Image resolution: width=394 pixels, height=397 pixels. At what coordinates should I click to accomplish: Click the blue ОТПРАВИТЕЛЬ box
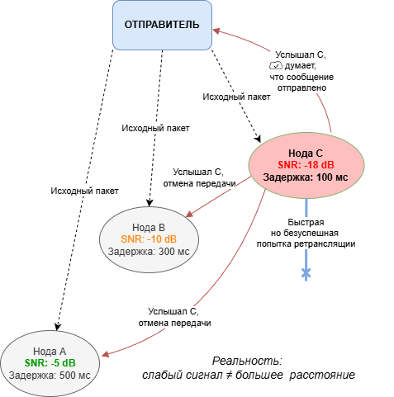pos(162,25)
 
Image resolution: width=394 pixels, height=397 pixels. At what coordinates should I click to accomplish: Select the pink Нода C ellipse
pos(306,165)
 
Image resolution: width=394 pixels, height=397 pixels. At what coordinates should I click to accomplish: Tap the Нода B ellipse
pos(149,239)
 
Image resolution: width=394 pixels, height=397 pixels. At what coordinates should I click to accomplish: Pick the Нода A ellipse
pos(50,363)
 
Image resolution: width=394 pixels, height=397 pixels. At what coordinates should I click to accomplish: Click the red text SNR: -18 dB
pos(306,165)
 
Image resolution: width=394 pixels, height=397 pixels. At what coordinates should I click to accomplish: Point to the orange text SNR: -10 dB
pos(149,239)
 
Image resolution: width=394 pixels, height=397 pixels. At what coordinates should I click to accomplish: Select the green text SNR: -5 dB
pos(50,363)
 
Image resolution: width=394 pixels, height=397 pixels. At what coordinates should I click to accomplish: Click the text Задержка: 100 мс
pos(306,177)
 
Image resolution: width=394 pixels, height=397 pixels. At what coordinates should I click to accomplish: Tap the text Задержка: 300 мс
pos(149,252)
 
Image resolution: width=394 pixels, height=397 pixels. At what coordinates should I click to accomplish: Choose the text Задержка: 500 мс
pos(50,376)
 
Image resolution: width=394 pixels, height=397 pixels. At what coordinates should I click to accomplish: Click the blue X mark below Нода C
pos(306,273)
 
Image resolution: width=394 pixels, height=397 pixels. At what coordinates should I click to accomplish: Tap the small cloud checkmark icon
pos(276,66)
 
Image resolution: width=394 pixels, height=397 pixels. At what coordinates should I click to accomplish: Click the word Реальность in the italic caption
pos(247,362)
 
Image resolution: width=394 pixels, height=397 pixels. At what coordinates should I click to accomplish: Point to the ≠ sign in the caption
pos(228,375)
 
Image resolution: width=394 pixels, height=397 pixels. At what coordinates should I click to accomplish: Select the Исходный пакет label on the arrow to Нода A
pos(84,191)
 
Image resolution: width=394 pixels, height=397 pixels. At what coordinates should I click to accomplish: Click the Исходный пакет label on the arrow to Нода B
pos(155,128)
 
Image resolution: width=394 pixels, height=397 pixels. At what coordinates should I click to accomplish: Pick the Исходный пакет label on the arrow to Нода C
pos(236,97)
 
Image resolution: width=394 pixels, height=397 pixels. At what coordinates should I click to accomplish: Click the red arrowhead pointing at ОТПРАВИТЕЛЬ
pos(216,31)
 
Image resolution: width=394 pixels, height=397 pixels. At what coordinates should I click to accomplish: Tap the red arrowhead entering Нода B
pos(190,214)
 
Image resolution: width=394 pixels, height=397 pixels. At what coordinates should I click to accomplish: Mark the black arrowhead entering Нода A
pos(57,326)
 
